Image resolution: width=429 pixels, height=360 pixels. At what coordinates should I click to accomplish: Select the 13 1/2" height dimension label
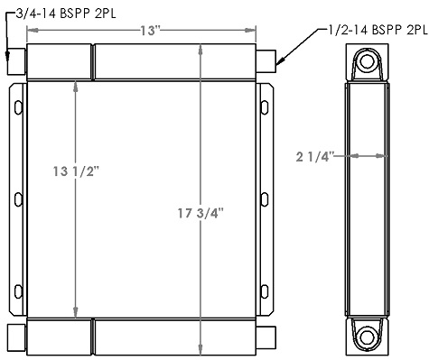click(x=76, y=169)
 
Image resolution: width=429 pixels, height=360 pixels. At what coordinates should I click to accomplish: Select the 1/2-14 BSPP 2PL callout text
click(x=373, y=31)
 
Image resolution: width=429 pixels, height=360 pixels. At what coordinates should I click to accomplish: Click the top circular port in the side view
click(x=368, y=63)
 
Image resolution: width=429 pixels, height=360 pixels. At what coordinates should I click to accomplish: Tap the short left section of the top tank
click(x=60, y=63)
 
